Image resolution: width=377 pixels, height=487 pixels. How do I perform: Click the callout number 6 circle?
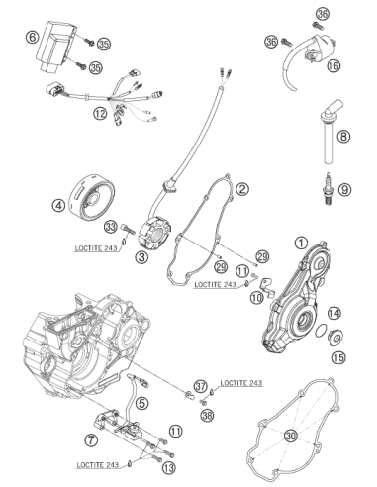pyautogui.click(x=32, y=37)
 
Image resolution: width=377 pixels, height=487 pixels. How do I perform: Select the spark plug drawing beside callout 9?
pyautogui.click(x=329, y=189)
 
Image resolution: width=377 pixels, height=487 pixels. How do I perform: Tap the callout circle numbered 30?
pyautogui.click(x=291, y=437)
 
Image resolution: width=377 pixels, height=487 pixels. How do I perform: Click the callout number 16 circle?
pyautogui.click(x=333, y=66)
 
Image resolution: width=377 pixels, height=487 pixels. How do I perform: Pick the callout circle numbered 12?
pyautogui.click(x=100, y=114)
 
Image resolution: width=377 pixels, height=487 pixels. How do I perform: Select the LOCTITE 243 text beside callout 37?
pyautogui.click(x=241, y=383)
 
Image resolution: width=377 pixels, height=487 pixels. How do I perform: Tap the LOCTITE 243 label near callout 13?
pyautogui.click(x=98, y=465)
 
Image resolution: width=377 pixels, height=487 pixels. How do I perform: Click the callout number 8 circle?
pyautogui.click(x=343, y=136)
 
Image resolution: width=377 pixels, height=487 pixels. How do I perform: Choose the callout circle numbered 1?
pyautogui.click(x=301, y=243)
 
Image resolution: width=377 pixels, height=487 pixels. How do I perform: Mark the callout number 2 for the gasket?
pyautogui.click(x=242, y=189)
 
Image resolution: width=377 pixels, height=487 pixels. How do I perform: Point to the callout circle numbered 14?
pyautogui.click(x=334, y=313)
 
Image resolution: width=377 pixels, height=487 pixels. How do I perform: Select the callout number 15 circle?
pyautogui.click(x=339, y=357)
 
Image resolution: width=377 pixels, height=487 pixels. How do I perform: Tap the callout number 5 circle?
pyautogui.click(x=141, y=403)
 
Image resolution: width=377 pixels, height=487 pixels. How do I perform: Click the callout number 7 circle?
pyautogui.click(x=91, y=439)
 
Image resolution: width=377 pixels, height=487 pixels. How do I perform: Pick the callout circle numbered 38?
pyautogui.click(x=207, y=415)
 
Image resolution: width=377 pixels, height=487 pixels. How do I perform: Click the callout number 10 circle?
pyautogui.click(x=257, y=298)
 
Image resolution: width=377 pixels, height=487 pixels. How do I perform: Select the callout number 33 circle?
pyautogui.click(x=111, y=227)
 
